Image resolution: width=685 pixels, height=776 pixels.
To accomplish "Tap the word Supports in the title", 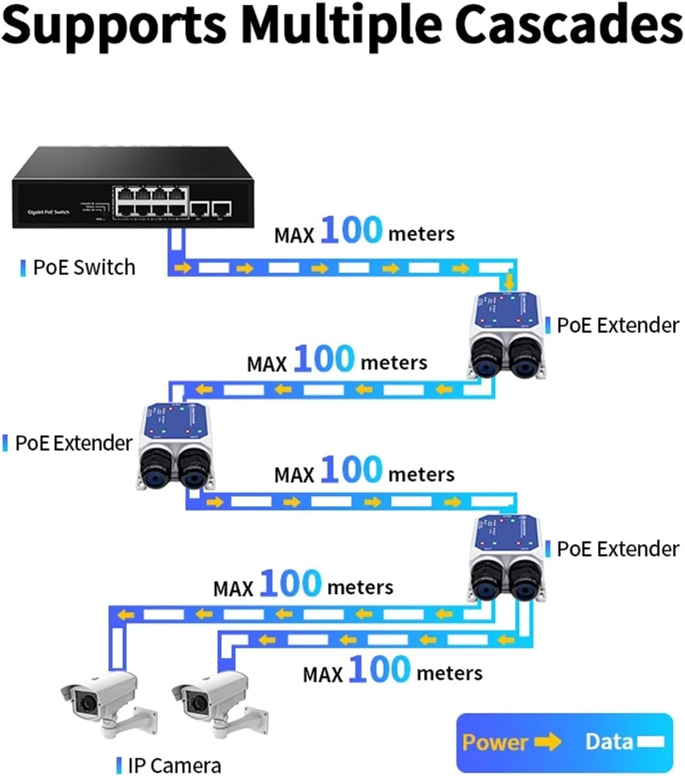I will coord(115,26).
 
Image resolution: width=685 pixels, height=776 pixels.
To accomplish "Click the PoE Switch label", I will coord(84,267).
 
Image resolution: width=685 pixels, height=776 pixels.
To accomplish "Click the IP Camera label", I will coord(174,765).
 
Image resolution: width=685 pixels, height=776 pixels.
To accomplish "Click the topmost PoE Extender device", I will coord(507,336).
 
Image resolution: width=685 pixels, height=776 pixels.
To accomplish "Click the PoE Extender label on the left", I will coord(73,443).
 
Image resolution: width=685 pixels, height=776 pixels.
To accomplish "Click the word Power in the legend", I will coord(495,742).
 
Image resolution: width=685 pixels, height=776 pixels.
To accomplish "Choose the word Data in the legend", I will coord(609,741).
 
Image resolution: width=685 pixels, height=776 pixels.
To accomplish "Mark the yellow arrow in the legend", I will coord(547,741).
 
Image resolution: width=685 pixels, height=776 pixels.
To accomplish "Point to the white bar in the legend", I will coord(651,741).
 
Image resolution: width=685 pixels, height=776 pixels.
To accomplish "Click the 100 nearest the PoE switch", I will coord(351,230).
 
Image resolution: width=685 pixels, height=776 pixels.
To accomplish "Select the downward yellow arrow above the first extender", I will coord(510,281).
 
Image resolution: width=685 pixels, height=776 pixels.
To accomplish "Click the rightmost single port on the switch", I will coord(221,209).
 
